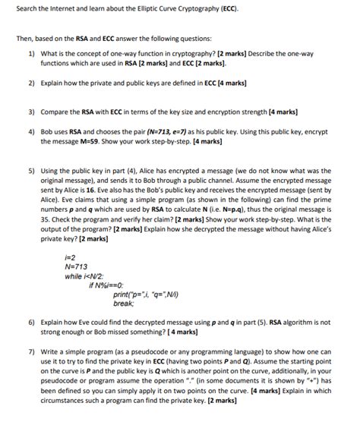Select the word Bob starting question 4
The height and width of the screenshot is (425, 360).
point(49,131)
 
